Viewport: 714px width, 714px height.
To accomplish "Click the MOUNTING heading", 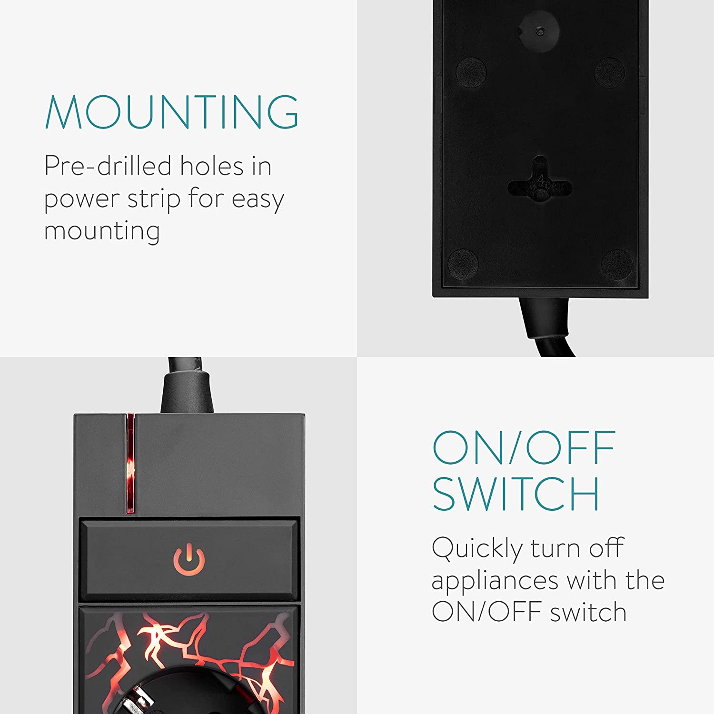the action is click(x=172, y=112).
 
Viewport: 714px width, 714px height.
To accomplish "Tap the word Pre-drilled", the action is click(x=108, y=166).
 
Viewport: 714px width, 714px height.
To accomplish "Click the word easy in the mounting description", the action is click(x=258, y=199).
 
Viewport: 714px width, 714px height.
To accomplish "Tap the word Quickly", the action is click(x=477, y=549).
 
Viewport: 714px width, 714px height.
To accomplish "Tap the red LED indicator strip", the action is click(x=130, y=463).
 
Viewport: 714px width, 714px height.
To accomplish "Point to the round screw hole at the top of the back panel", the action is click(x=539, y=31).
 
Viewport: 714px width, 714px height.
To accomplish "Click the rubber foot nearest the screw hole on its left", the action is click(x=471, y=72).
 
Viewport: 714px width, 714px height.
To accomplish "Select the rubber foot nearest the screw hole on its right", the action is click(x=609, y=72).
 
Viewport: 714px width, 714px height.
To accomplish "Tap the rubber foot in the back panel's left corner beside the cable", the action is click(x=463, y=263).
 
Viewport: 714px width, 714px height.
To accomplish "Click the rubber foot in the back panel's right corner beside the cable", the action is click(x=617, y=264).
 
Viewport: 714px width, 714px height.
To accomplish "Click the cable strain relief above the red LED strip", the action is click(x=187, y=393).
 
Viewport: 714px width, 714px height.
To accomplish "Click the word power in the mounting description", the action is click(x=81, y=199).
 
